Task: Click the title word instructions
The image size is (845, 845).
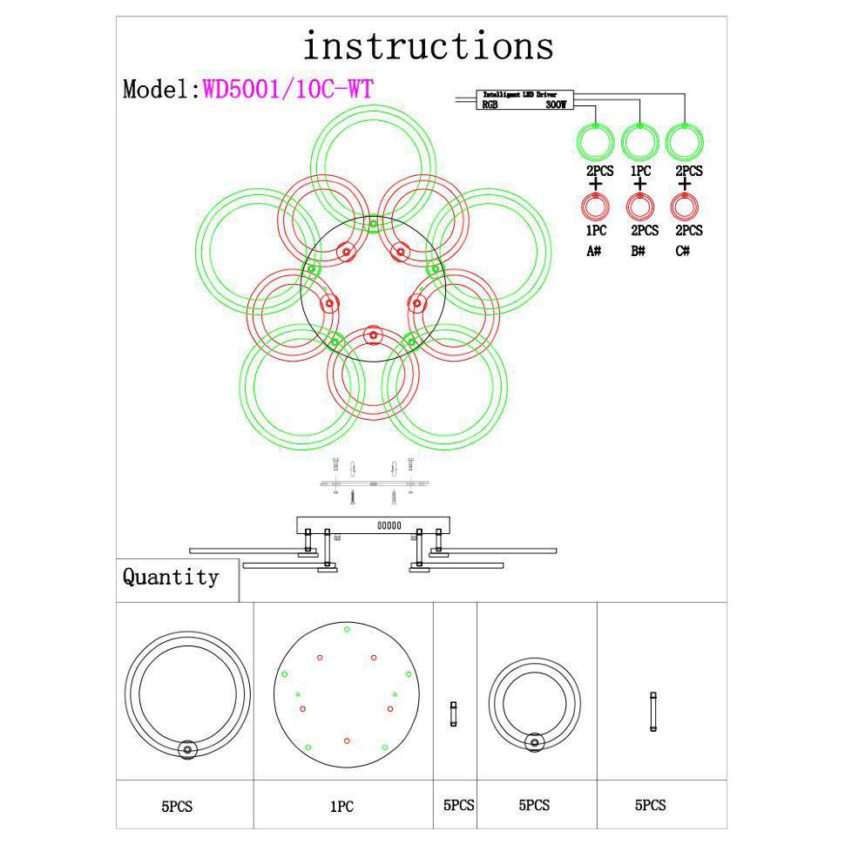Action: click(428, 45)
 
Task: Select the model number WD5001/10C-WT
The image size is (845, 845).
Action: click(289, 89)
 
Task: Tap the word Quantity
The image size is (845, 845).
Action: click(171, 577)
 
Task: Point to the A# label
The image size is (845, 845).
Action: click(594, 251)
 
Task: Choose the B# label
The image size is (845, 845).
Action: click(639, 251)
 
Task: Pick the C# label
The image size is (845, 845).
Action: click(684, 251)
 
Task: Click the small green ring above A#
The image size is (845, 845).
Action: click(596, 141)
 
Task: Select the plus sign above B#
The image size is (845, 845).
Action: click(640, 184)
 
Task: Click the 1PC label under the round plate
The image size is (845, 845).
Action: click(341, 808)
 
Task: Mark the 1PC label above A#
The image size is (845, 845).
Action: click(596, 231)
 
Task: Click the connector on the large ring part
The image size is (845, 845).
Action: click(186, 751)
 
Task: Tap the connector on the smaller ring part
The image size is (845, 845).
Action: click(534, 742)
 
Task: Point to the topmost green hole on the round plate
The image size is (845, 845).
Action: click(347, 628)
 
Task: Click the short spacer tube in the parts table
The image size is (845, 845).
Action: click(453, 714)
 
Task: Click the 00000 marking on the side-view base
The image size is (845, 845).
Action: click(389, 525)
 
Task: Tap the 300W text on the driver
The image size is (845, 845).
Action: click(556, 105)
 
